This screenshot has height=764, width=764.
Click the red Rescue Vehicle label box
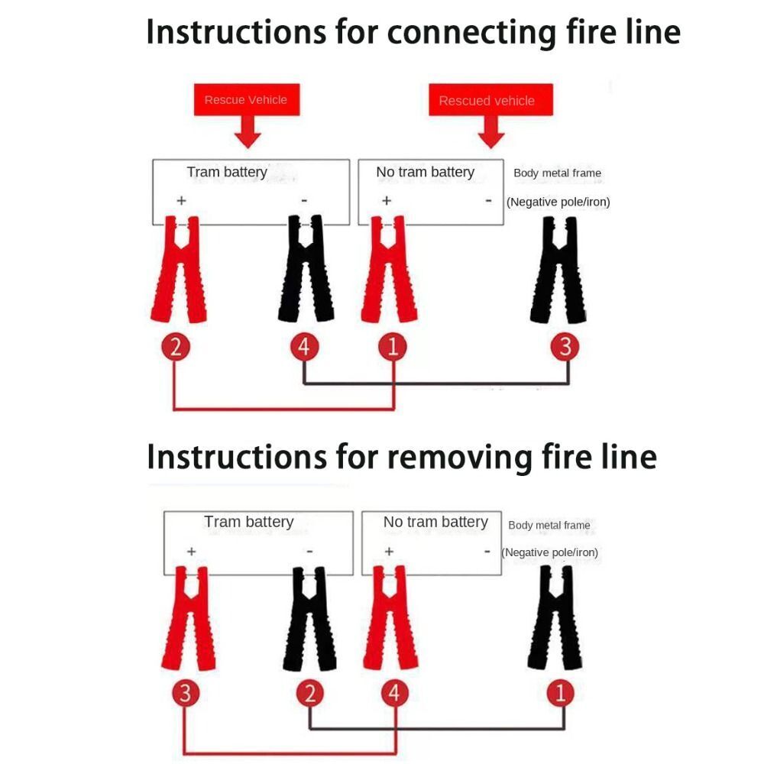(247, 100)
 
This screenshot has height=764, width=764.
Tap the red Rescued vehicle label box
(490, 100)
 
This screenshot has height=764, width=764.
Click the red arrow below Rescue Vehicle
(248, 132)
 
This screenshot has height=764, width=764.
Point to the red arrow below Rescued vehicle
(491, 132)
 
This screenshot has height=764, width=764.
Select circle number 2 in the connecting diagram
(176, 347)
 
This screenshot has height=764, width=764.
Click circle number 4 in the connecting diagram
(305, 347)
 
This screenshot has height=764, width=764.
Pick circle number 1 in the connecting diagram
(393, 347)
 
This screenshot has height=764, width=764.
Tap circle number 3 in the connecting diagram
(565, 347)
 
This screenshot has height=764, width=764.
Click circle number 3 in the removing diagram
(186, 693)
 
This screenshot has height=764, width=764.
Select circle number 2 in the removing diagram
(310, 693)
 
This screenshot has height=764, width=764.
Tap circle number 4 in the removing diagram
(394, 693)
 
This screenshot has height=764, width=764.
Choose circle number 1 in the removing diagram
(560, 693)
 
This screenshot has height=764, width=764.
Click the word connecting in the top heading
(471, 33)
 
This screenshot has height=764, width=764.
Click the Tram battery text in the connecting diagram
(227, 172)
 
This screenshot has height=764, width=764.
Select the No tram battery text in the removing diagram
(435, 522)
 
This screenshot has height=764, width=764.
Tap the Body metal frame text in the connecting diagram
(558, 173)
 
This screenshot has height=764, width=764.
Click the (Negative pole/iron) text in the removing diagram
(549, 552)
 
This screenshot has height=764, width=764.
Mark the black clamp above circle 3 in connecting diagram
(558, 270)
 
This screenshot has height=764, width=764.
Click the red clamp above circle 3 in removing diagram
(189, 618)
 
